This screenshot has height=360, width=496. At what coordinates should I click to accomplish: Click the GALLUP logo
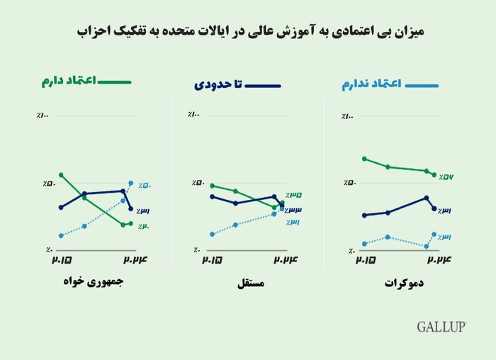pos(441,327)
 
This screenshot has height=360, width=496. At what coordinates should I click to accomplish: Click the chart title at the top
pos(248,32)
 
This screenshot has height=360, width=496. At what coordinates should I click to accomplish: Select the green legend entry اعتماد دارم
pos(84,81)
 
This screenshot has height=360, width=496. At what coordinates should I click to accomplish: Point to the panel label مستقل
pos(249,283)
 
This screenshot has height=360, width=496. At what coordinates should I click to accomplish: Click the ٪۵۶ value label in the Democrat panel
pos(446,176)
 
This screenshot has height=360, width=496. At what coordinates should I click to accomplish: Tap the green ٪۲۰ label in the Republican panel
pos(144,226)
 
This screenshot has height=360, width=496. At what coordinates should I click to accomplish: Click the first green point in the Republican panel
pos(62,174)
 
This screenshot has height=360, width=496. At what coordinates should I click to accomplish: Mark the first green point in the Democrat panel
pos(363,159)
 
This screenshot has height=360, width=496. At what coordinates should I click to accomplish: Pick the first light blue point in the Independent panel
pos(212,234)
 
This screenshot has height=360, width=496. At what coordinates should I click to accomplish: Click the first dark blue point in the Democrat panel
pos(363,215)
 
